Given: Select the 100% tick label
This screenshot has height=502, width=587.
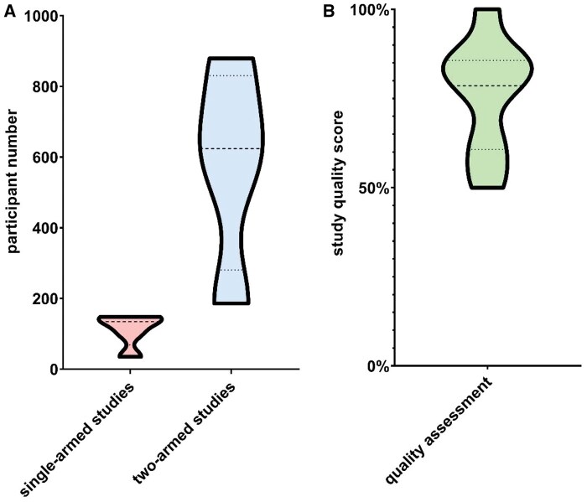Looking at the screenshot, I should pyautogui.click(x=369, y=10).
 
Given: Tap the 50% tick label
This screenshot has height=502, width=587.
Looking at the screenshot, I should pyautogui.click(x=373, y=188).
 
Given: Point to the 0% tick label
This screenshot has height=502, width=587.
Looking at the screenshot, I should pyautogui.click(x=377, y=366).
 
